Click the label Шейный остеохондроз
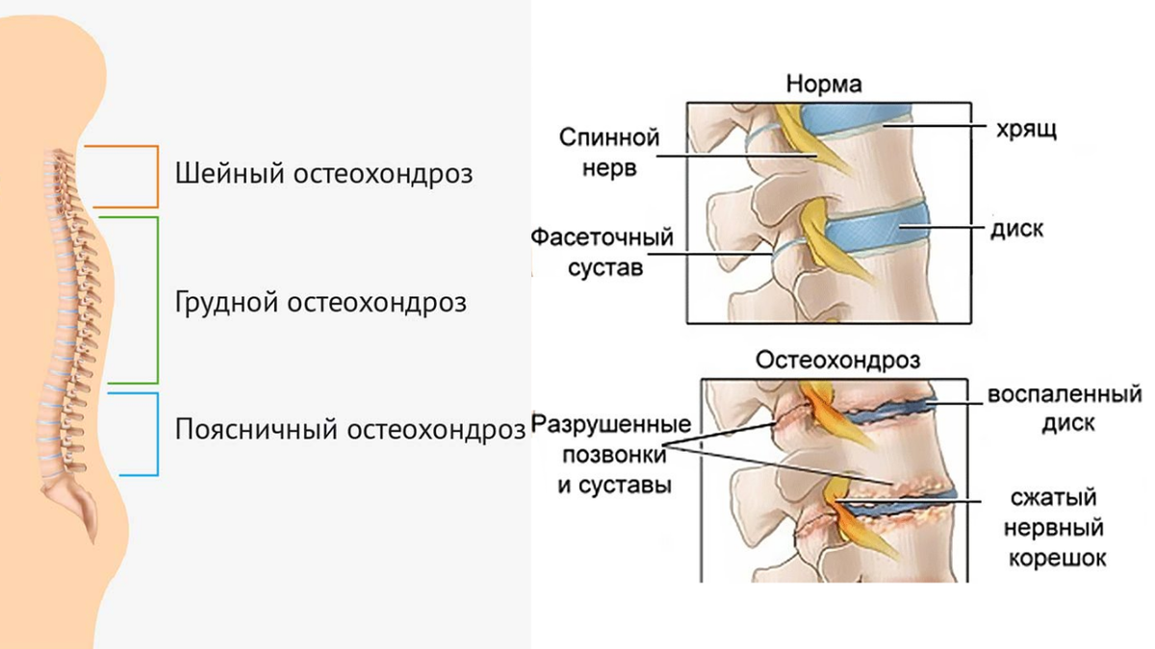point(324,175)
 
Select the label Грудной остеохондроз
point(321,302)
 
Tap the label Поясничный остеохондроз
point(350,429)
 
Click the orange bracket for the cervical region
point(156,177)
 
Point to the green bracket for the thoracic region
point(156,300)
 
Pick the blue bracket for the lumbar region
point(156,434)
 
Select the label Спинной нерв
point(608,152)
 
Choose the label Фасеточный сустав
point(600,252)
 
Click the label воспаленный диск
point(1064,409)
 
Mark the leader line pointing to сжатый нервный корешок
point(914,500)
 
